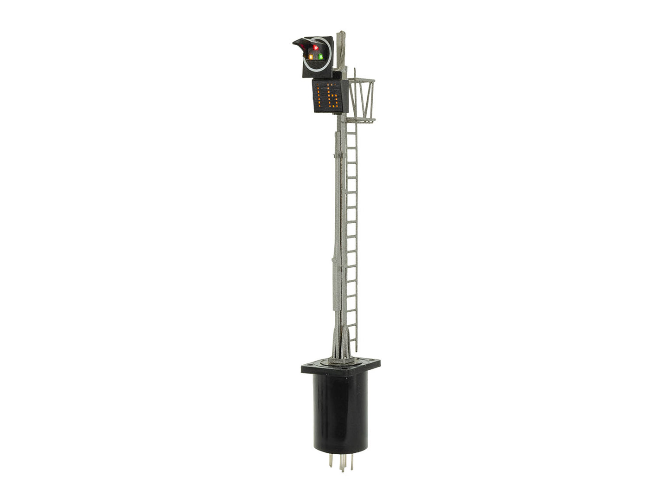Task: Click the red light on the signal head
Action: pyautogui.click(x=315, y=47)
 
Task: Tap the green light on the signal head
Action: pyautogui.click(x=320, y=57)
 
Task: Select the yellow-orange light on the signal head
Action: pyautogui.click(x=311, y=57)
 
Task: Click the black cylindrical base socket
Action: pyautogui.click(x=340, y=413)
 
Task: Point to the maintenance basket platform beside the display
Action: pyautogui.click(x=362, y=100)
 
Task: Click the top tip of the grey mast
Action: pyautogui.click(x=342, y=33)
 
